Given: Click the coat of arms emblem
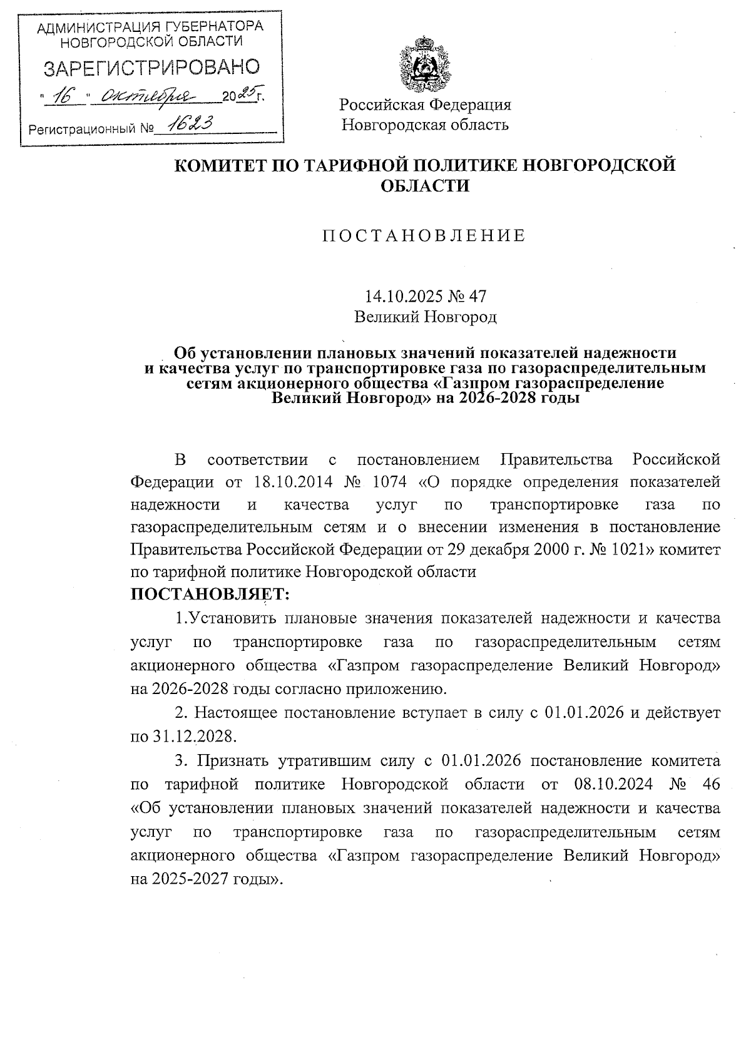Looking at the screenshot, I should pyautogui.click(x=425, y=65).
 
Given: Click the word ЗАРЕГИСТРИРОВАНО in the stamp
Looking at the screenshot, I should pyautogui.click(x=150, y=68).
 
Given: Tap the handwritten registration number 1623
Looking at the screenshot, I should pyautogui.click(x=185, y=125).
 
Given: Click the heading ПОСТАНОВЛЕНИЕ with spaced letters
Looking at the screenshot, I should pyautogui.click(x=424, y=236).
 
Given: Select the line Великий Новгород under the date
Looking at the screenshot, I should pyautogui.click(x=425, y=317).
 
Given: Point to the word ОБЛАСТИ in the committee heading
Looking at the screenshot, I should pyautogui.click(x=425, y=185).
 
